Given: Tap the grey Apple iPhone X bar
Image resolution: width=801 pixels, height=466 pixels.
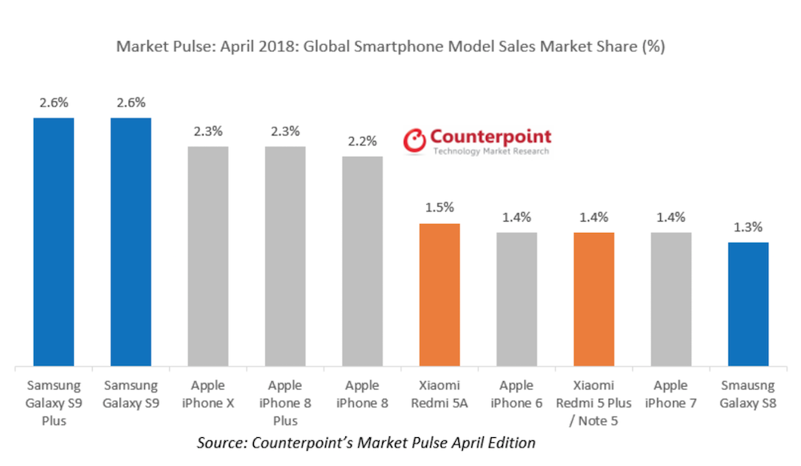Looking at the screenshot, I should pyautogui.click(x=207, y=256).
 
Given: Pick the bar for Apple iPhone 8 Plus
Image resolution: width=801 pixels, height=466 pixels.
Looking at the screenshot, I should pyautogui.click(x=285, y=256).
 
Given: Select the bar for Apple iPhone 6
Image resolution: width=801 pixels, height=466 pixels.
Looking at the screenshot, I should pyautogui.click(x=517, y=299).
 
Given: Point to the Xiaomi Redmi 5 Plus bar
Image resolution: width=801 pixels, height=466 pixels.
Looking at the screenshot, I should pyautogui.click(x=594, y=299).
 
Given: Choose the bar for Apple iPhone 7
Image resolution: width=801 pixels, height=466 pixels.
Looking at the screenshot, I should pyautogui.click(x=671, y=299).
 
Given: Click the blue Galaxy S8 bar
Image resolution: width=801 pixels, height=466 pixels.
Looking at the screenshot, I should pyautogui.click(x=748, y=304).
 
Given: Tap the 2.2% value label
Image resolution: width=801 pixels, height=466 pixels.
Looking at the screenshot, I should pyautogui.click(x=362, y=141).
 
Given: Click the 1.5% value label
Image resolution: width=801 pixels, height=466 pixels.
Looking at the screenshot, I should pyautogui.click(x=440, y=208).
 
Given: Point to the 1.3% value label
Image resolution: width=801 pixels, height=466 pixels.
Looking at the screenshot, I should pyautogui.click(x=748, y=227).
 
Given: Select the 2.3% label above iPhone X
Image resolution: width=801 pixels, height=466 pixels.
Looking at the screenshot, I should pyautogui.click(x=207, y=131).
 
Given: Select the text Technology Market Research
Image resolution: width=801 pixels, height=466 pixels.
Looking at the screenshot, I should pyautogui.click(x=490, y=151).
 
